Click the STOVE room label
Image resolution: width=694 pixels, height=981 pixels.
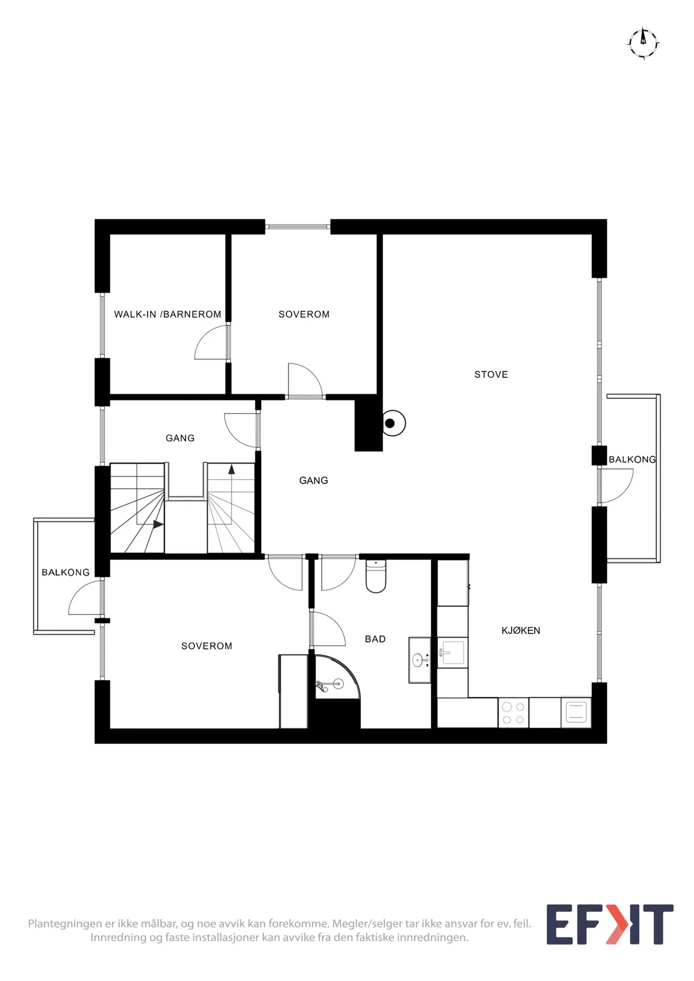(x=491, y=374)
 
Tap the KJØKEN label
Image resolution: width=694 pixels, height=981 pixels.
(x=521, y=631)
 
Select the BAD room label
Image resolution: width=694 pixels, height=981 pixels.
(x=375, y=639)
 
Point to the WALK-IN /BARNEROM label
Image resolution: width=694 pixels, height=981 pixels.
(x=167, y=314)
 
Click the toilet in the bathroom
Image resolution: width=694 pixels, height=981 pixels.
(x=376, y=576)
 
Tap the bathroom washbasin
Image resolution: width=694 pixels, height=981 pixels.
(x=420, y=661)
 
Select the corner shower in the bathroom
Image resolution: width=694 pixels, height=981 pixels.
(x=335, y=677)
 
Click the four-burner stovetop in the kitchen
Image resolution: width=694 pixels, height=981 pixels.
(x=513, y=713)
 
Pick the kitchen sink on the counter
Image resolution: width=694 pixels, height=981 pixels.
(x=452, y=652)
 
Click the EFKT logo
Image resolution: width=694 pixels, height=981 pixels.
(x=609, y=924)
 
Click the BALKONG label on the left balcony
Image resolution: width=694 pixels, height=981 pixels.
(x=65, y=572)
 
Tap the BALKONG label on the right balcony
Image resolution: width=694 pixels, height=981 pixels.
(x=632, y=459)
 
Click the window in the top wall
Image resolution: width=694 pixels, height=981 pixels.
(x=298, y=226)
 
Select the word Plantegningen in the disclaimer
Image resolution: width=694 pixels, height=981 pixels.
(x=65, y=924)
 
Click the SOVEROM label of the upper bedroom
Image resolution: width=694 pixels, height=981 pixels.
(x=304, y=314)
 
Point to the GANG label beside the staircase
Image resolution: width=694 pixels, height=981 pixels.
(x=180, y=438)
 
